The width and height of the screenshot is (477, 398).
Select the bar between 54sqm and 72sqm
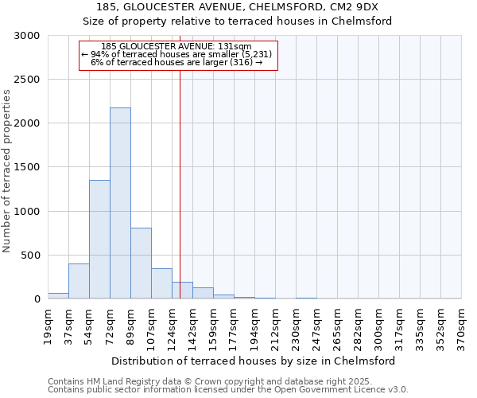(x=99, y=239)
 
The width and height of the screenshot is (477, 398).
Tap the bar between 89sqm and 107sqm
(x=141, y=263)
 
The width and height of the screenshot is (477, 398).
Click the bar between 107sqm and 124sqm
(x=161, y=283)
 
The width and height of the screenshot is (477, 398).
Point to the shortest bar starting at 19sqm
(x=58, y=295)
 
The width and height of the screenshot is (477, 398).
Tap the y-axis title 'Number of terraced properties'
(x=7, y=171)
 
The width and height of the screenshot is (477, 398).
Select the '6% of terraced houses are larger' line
(x=176, y=61)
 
